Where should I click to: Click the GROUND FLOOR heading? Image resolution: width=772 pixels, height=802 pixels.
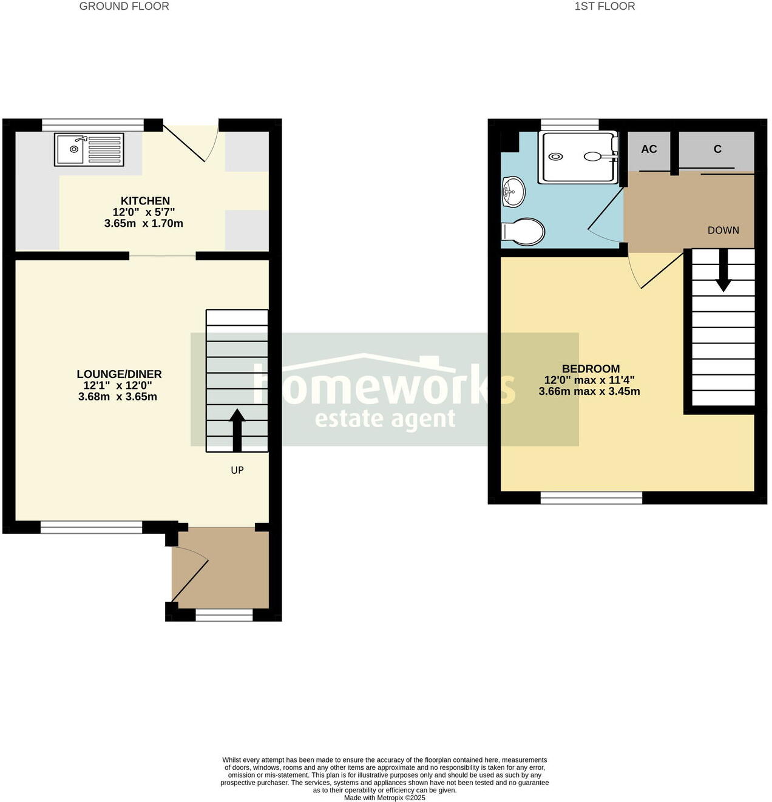click(x=124, y=7)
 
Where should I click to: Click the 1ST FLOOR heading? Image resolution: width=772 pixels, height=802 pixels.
click(x=604, y=7)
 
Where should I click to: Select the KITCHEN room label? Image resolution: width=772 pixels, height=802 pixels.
click(x=145, y=201)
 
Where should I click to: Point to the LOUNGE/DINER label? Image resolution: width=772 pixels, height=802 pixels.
click(x=119, y=374)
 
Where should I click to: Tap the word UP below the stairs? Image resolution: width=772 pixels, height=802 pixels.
click(x=237, y=470)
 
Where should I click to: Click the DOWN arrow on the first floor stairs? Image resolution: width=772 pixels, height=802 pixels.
click(x=723, y=271)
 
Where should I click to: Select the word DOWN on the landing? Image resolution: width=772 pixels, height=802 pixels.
click(x=723, y=231)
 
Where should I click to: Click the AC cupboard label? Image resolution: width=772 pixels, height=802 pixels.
click(x=649, y=149)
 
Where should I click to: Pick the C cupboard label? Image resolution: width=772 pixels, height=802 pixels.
click(x=717, y=149)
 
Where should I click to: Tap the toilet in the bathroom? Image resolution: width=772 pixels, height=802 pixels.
click(x=523, y=232)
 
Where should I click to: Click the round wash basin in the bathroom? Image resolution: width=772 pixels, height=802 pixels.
click(x=513, y=192)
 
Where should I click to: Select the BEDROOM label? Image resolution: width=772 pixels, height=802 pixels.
click(x=591, y=369)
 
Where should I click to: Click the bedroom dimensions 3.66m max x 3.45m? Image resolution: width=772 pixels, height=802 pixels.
click(x=589, y=391)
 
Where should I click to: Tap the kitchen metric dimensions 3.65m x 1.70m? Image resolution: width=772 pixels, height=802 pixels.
click(x=143, y=223)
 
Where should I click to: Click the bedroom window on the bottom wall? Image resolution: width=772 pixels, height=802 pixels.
click(x=591, y=498)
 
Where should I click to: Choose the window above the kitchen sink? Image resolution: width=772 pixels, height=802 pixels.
click(x=93, y=125)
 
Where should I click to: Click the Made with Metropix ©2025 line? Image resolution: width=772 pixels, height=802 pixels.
click(x=385, y=798)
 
